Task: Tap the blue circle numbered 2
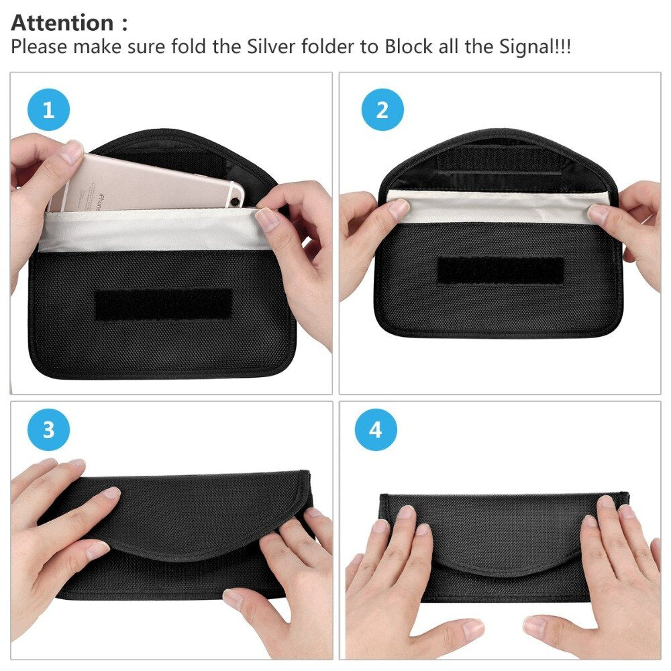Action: click(x=382, y=109)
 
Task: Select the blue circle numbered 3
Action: click(x=48, y=429)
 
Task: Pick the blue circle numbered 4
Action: click(x=376, y=429)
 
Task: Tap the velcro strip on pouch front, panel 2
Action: click(x=500, y=270)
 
